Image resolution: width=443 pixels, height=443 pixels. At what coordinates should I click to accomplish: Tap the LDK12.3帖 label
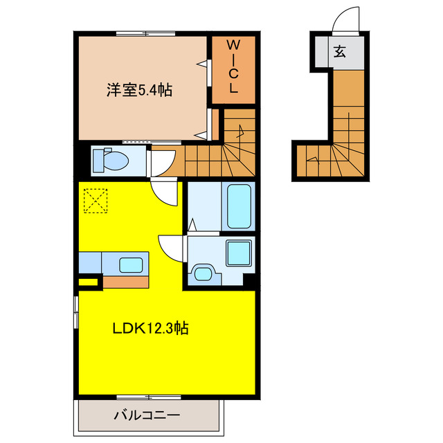click(x=151, y=328)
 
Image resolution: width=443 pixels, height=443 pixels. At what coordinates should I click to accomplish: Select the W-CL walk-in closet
click(x=233, y=67)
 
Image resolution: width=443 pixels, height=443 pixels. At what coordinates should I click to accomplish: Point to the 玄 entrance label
click(x=340, y=51)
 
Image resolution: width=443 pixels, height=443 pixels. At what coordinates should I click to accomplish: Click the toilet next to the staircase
click(x=110, y=161)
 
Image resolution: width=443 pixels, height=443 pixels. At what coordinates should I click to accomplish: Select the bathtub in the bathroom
click(x=239, y=205)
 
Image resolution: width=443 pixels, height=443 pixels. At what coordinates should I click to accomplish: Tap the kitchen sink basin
click(x=129, y=263)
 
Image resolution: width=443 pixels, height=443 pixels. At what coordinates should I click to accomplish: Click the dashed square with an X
click(x=96, y=201)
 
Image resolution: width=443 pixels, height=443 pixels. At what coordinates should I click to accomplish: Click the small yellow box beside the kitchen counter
click(x=87, y=281)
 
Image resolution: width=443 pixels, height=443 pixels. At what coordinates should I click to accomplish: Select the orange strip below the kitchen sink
click(x=125, y=281)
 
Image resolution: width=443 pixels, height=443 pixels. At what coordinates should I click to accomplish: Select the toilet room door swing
click(x=161, y=164)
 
